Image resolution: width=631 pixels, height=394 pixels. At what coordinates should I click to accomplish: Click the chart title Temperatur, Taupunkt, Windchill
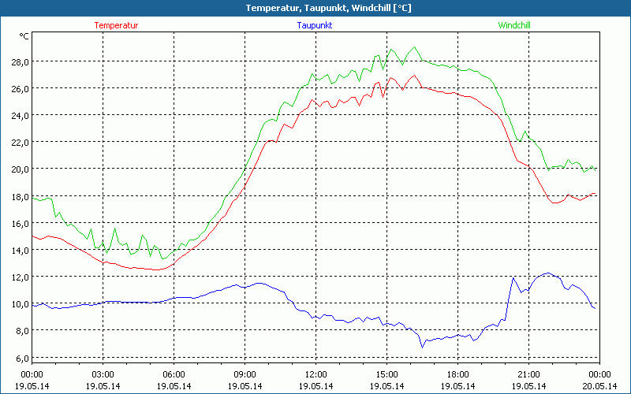pos(316,8)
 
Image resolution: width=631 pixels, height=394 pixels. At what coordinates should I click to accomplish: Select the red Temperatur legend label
pos(116,25)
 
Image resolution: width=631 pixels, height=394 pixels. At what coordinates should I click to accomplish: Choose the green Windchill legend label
pos(514,25)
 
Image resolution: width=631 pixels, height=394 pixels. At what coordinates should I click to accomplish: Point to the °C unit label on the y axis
pos(24,35)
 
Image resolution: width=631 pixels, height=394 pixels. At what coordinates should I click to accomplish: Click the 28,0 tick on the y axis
pos(20,61)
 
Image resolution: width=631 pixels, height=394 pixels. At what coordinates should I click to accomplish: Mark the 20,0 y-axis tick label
pos(20,169)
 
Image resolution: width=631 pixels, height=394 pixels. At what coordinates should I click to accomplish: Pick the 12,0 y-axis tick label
pos(20,277)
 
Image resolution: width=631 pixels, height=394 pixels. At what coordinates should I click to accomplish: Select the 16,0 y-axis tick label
pos(20,223)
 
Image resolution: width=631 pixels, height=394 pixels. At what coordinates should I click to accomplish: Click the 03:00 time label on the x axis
pos(103,374)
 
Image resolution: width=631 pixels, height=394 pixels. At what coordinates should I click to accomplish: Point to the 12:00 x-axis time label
pos(315,374)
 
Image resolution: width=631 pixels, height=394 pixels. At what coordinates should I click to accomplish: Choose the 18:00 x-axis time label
pos(457,374)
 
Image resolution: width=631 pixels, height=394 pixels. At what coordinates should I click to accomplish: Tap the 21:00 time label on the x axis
pos(528,374)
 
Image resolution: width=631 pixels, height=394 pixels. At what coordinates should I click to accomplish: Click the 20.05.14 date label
pos(599,386)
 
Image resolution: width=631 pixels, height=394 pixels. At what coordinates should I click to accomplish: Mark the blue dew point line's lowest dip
pos(422,346)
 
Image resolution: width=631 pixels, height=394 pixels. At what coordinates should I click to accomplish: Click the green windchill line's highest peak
pos(414,47)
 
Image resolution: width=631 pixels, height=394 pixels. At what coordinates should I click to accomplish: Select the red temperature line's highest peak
pos(413,76)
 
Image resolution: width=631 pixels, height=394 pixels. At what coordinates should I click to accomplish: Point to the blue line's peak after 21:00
pos(547,273)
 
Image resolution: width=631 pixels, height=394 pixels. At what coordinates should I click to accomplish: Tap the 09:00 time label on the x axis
pos(245,374)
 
